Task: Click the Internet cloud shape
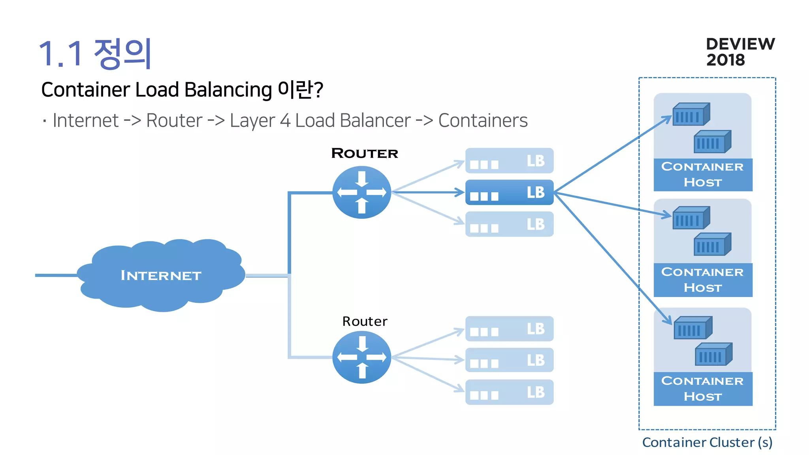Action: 161,275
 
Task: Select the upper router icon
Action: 361,192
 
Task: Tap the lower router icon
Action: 361,357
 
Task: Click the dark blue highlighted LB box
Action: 509,192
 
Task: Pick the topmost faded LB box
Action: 509,161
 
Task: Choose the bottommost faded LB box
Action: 509,392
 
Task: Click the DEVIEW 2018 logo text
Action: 740,52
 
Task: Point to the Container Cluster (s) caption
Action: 707,442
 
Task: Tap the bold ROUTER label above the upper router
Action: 365,153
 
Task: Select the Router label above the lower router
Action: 365,321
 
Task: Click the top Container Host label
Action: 703,175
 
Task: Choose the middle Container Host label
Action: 703,280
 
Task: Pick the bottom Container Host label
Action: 703,389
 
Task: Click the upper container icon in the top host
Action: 691,115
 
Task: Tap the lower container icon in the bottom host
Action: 713,354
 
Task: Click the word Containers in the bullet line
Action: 483,120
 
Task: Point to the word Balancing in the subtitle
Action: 228,90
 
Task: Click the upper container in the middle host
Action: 691,218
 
